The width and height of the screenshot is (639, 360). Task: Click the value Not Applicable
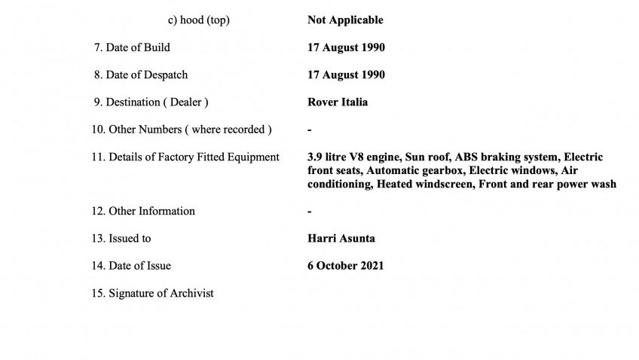click(345, 20)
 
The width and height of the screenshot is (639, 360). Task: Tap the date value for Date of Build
click(346, 47)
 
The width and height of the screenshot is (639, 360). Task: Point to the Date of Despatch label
click(140, 75)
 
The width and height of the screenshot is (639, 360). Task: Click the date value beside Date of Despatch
click(346, 75)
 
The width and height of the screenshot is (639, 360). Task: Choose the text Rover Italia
click(338, 102)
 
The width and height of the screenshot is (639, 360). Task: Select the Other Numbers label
click(182, 130)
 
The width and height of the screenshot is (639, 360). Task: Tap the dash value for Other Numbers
click(310, 130)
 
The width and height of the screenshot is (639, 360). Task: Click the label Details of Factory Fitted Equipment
click(185, 157)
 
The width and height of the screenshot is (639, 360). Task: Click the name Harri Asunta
click(341, 238)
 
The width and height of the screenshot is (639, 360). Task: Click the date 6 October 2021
click(345, 265)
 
